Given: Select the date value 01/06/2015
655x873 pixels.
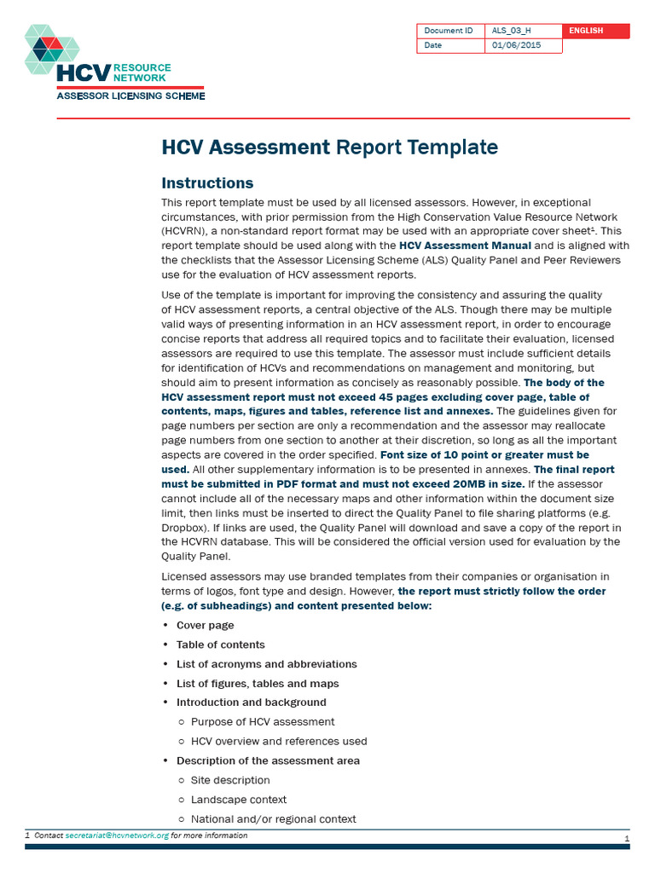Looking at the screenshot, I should tap(517, 46).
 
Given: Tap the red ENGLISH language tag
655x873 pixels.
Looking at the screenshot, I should tap(595, 31).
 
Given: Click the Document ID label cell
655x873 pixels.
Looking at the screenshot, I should tap(449, 31).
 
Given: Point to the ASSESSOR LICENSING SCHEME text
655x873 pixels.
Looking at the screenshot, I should tap(130, 96).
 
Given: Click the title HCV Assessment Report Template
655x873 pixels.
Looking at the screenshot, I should tap(329, 147).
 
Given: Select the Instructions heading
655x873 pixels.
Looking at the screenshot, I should tap(207, 183).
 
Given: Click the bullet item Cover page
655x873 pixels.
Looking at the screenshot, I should tap(205, 626).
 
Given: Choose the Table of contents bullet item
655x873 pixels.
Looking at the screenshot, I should tap(220, 645).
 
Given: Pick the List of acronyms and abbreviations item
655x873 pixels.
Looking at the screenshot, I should tap(266, 664).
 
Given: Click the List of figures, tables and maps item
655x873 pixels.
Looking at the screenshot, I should tap(257, 684).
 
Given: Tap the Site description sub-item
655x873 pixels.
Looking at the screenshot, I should tap(230, 780).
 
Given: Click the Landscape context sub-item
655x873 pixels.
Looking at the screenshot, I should tap(238, 800).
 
